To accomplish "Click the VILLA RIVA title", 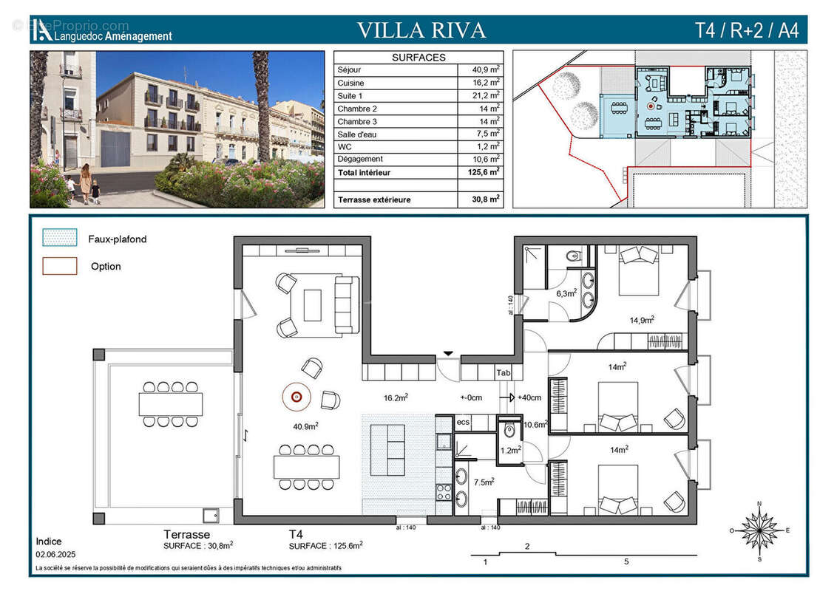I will [x=421, y=30].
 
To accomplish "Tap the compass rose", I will [x=759, y=530].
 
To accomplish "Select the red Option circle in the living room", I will [x=296, y=397].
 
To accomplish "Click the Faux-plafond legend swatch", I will [x=60, y=238].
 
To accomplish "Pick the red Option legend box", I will [x=60, y=266].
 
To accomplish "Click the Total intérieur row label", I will [x=364, y=172].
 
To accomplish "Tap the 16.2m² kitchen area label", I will [x=396, y=397].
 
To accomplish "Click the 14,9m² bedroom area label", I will [x=641, y=320].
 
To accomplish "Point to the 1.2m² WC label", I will [x=509, y=449].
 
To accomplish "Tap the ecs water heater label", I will [x=463, y=422].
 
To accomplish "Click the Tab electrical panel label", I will [x=504, y=373].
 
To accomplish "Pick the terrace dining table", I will [x=171, y=404].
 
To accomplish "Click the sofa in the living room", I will [x=346, y=304].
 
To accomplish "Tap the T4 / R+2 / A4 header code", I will [x=746, y=31].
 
